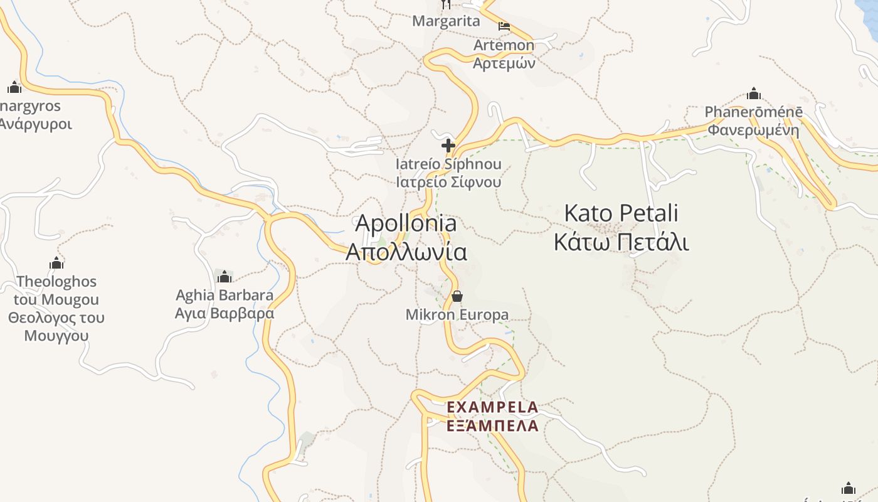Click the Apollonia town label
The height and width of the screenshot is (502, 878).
pyautogui.click(x=406, y=223)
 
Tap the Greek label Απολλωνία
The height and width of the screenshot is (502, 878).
pyautogui.click(x=406, y=252)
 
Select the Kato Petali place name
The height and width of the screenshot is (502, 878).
pyautogui.click(x=621, y=213)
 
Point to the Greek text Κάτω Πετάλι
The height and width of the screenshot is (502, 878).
pyautogui.click(x=621, y=242)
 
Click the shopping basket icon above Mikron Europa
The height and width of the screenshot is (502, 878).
pyautogui.click(x=457, y=296)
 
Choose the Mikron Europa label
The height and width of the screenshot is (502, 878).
pyautogui.click(x=457, y=314)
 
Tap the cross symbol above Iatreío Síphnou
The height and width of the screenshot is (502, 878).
pyautogui.click(x=448, y=146)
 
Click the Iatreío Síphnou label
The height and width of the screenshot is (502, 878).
pyautogui.click(x=448, y=164)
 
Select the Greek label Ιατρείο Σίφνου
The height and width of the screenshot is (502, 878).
pyautogui.click(x=448, y=182)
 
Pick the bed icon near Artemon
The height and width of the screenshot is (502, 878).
pyautogui.click(x=504, y=26)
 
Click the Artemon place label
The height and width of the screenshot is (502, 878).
pyautogui.click(x=504, y=45)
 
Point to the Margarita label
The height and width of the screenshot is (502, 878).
pyautogui.click(x=446, y=21)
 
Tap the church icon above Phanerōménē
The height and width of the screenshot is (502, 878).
pyautogui.click(x=753, y=94)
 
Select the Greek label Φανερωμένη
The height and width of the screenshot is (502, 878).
pyautogui.click(x=753, y=131)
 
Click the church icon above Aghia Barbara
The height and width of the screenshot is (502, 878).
pyautogui.click(x=224, y=276)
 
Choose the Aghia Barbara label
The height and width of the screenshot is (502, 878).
pyautogui.click(x=225, y=295)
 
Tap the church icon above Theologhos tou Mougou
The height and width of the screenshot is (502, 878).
pyautogui.click(x=56, y=263)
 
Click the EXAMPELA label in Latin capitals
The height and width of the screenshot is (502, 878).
pyautogui.click(x=492, y=407)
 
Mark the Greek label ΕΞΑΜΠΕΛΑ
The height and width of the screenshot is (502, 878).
pyautogui.click(x=492, y=426)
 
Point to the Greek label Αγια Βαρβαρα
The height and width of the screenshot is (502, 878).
pyautogui.click(x=225, y=313)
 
